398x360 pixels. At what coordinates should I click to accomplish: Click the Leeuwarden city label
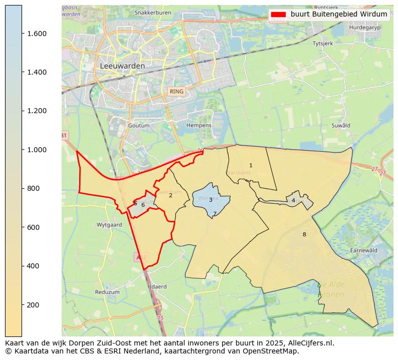(x=122, y=66)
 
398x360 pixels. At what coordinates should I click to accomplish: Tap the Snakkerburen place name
(x=153, y=12)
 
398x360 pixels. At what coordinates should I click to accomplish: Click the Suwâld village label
(x=340, y=125)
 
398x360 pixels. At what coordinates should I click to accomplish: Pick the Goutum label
(x=139, y=125)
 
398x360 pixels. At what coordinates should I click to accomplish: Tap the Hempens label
(x=198, y=125)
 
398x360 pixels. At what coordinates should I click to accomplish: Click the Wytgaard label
(x=109, y=225)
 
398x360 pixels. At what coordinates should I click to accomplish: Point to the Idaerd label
(x=158, y=287)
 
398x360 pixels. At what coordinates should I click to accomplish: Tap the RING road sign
(x=176, y=92)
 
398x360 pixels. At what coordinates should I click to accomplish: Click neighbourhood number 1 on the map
(x=251, y=165)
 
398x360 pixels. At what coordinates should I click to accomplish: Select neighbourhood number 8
(x=304, y=234)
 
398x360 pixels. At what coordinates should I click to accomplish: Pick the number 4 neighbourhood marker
(x=293, y=201)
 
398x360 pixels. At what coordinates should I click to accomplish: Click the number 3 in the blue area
(x=211, y=200)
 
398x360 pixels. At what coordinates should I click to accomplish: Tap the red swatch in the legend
(x=278, y=14)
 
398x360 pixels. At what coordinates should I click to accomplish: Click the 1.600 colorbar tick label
(x=36, y=34)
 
